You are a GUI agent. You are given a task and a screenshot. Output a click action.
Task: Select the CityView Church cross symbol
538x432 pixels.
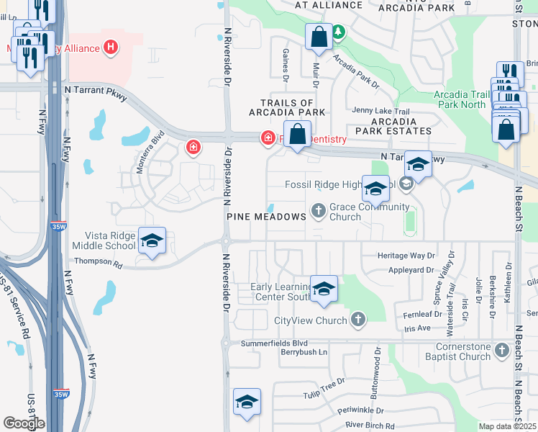(x=358, y=320)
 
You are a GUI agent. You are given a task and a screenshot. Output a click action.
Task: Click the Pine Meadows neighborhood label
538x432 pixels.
(x=266, y=217)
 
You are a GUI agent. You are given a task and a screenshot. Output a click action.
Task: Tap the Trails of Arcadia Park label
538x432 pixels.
(x=287, y=108)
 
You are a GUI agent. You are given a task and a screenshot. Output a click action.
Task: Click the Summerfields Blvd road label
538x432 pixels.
(x=274, y=344)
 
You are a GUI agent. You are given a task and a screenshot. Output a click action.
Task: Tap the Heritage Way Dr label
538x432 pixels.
(x=407, y=256)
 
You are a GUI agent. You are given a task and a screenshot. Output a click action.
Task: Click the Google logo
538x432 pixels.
(x=23, y=423)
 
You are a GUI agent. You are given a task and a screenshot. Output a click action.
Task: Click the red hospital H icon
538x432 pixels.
(x=111, y=48)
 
